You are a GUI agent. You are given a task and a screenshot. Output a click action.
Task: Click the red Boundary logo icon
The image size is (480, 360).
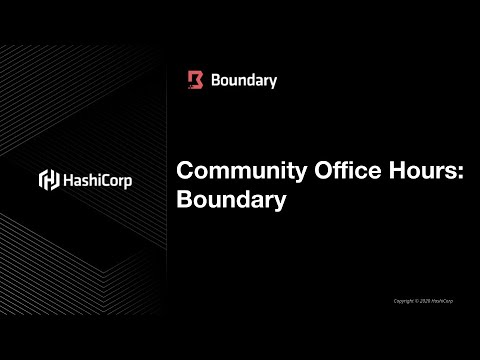(x=196, y=80)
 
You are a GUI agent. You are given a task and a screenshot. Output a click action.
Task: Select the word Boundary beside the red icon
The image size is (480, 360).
(x=244, y=80)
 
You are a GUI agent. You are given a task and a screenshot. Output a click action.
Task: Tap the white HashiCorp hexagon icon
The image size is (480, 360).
(x=47, y=180)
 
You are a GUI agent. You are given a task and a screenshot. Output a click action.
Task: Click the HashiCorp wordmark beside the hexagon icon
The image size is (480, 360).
(x=97, y=181)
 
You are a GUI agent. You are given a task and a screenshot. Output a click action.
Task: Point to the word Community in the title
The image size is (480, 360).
(x=229, y=171)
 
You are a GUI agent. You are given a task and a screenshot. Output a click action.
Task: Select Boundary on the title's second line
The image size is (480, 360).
(x=231, y=199)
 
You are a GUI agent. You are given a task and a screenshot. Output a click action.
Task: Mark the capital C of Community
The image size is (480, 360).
(x=185, y=171)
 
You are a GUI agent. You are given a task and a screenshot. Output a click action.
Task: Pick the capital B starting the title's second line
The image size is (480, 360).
(x=184, y=199)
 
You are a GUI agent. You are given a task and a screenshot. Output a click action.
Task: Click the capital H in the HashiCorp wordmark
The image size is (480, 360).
(x=68, y=181)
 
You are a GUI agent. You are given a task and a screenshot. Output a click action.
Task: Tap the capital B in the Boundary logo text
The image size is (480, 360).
(x=217, y=80)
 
